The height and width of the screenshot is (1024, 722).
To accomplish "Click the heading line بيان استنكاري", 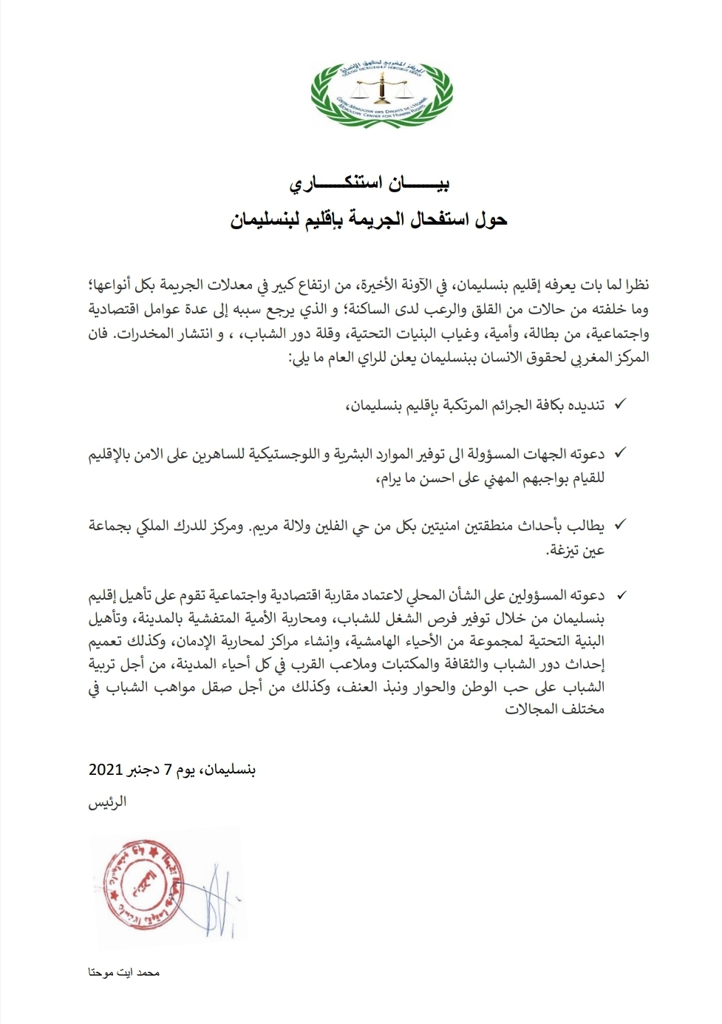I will tap(369, 184).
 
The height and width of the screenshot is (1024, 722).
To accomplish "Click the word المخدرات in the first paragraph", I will tap(139, 333).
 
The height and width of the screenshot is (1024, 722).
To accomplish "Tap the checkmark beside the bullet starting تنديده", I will tap(620, 404).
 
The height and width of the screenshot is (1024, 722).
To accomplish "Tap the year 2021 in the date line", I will tap(106, 770).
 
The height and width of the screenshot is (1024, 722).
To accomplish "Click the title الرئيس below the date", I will tap(108, 802).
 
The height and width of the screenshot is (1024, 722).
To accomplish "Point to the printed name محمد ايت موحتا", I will tap(124, 972).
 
